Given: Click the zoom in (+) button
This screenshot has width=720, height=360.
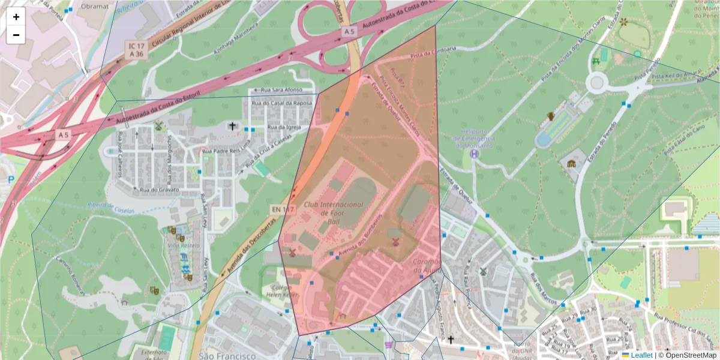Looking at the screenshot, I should click(x=16, y=17).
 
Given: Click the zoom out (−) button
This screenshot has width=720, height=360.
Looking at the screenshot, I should click(x=16, y=35).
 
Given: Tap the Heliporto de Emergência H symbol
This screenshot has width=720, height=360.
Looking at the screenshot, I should click(x=475, y=154).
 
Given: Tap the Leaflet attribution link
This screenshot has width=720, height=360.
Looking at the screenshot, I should click(x=641, y=355).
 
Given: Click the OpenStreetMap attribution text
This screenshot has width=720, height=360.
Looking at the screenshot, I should click(x=687, y=355).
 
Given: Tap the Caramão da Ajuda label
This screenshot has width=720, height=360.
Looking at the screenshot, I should click(x=428, y=266).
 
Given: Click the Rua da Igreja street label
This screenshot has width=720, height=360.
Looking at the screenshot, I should click(x=283, y=127).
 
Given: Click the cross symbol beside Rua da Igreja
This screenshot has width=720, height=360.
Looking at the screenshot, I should click(x=232, y=126).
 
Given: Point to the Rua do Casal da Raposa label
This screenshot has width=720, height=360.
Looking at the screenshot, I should click(x=282, y=103).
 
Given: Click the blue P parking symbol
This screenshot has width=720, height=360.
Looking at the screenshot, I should click(x=10, y=179).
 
